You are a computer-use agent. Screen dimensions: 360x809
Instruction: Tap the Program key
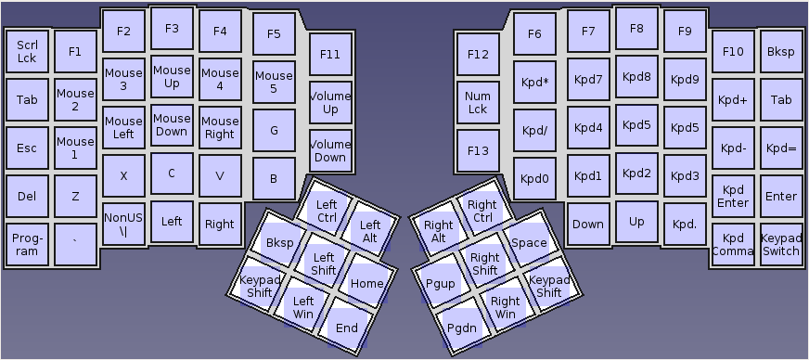27,244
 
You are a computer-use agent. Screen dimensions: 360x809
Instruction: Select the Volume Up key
330,102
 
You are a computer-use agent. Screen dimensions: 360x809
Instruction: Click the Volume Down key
330,150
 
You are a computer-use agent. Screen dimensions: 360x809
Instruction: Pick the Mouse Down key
172,124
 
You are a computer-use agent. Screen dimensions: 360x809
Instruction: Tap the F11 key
330,54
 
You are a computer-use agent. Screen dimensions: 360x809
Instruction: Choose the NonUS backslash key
123,224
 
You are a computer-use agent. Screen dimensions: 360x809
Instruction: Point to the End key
347,327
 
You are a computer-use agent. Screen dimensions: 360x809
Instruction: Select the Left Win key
303,305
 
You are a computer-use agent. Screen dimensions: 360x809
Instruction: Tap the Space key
529,242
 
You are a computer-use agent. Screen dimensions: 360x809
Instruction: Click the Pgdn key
462,327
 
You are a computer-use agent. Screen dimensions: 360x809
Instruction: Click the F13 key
478,150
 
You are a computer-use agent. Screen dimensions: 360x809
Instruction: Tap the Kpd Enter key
734,196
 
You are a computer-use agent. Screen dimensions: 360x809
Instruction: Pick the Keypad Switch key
781,244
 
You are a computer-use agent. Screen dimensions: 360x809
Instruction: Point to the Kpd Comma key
734,244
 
